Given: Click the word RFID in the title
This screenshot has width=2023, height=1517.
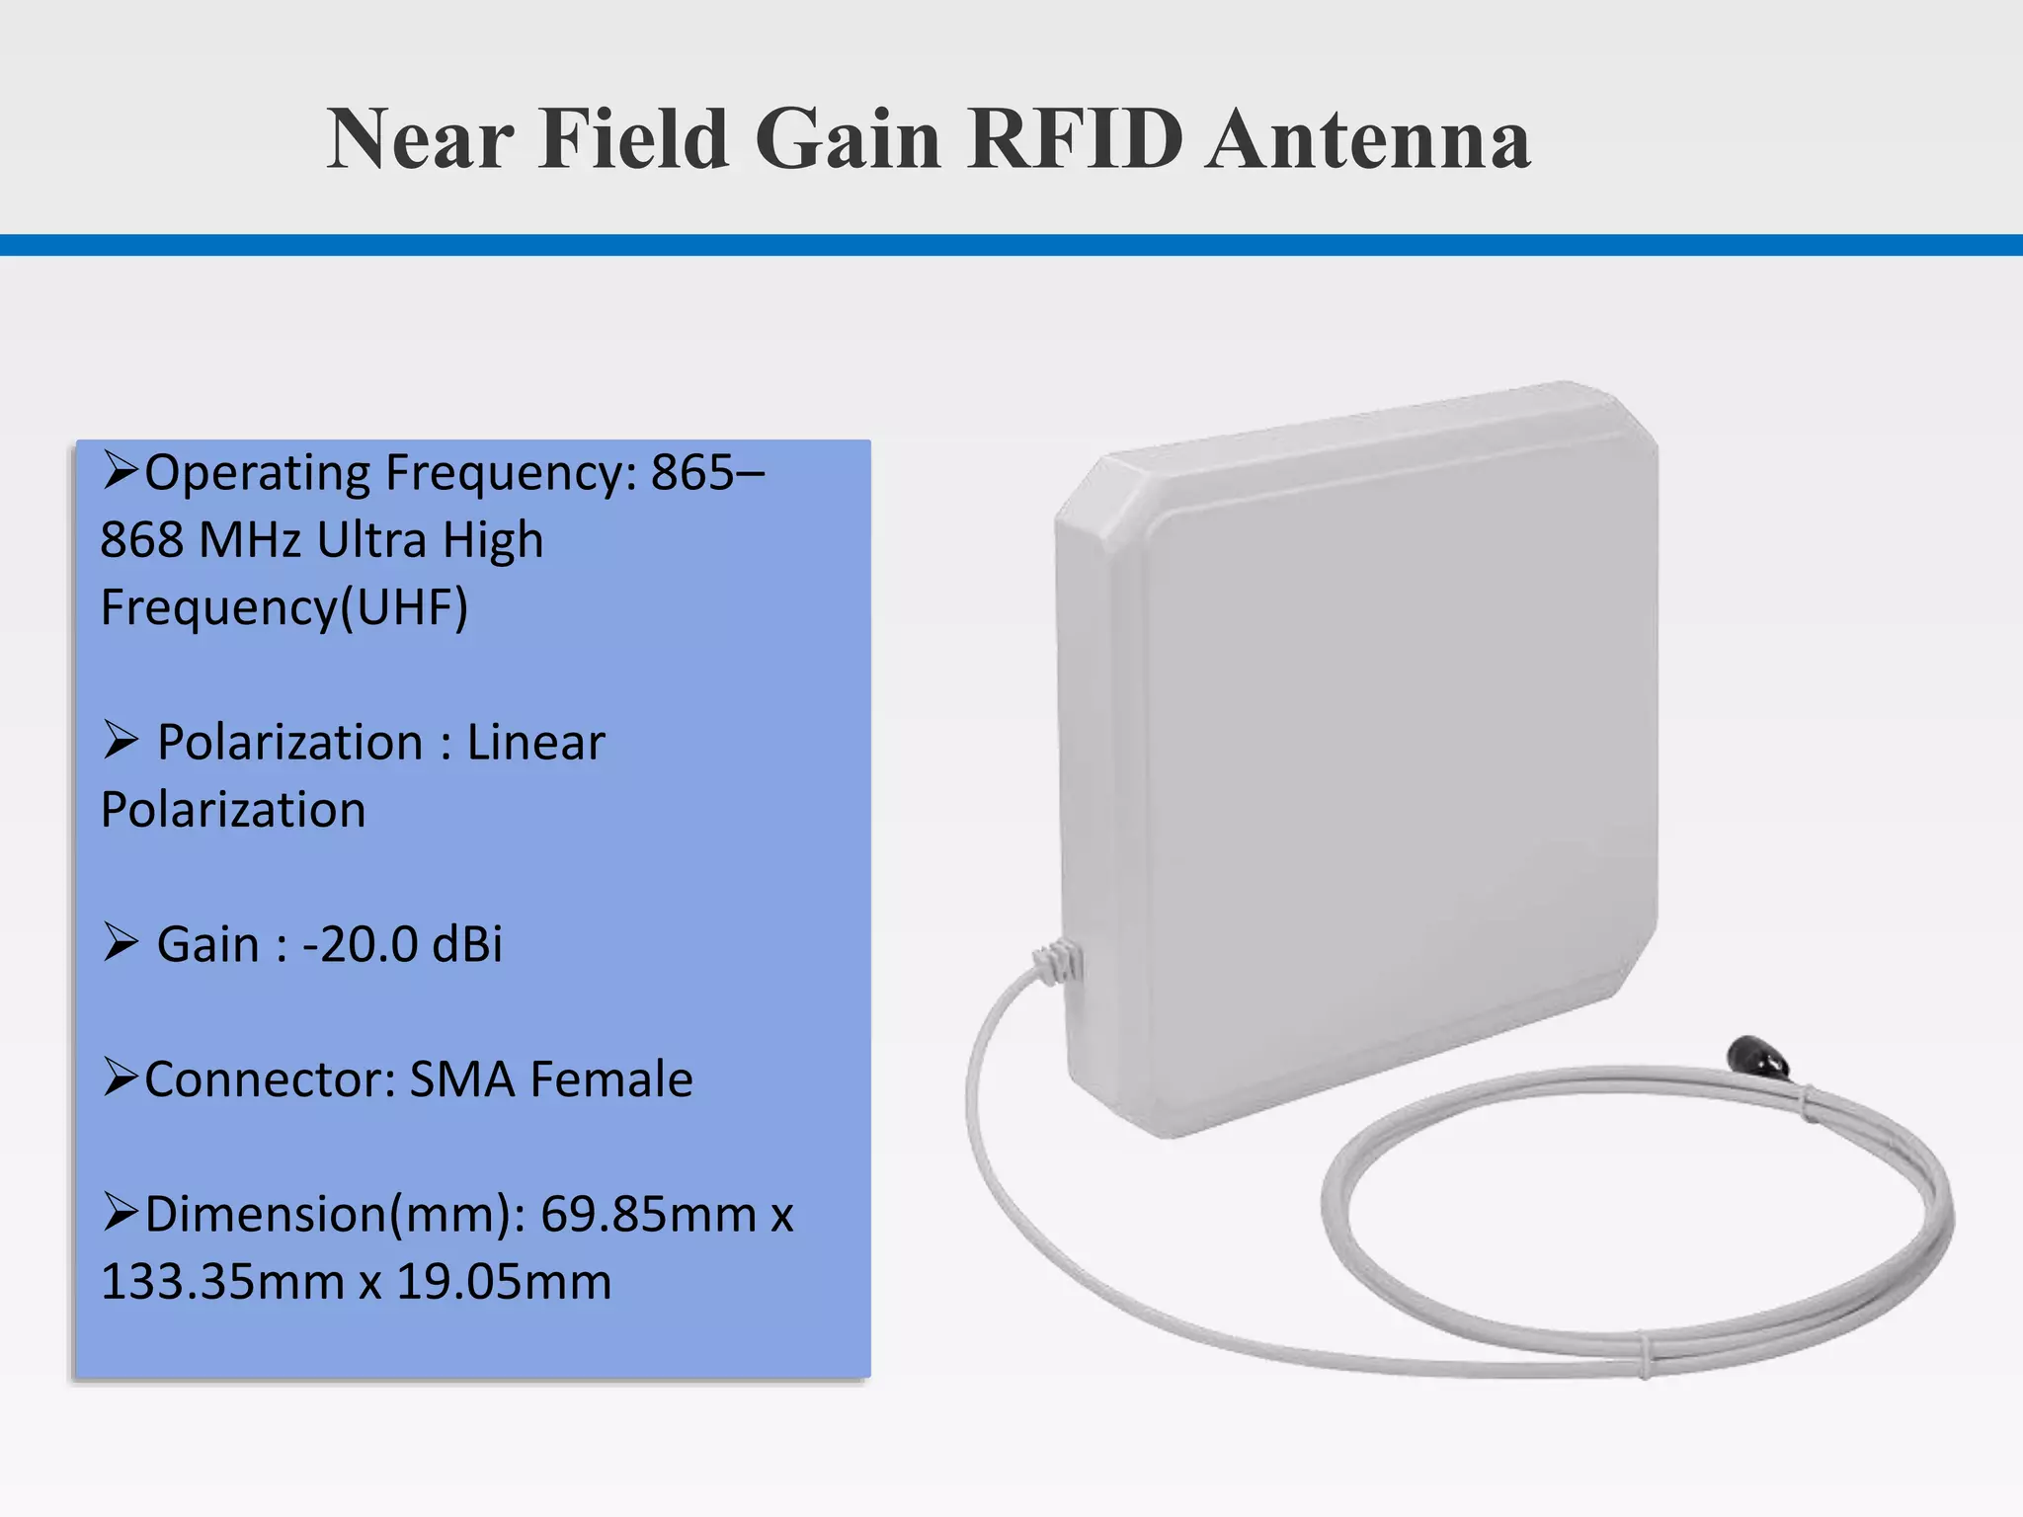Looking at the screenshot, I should coord(1075,139).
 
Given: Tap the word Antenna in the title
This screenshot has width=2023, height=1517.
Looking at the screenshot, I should coord(1368,139).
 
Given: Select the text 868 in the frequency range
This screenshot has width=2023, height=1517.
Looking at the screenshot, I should coord(141,540).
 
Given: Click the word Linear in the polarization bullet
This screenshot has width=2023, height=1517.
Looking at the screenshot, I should coord(534,743).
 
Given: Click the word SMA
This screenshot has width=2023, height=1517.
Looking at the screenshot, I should coord(461,1079).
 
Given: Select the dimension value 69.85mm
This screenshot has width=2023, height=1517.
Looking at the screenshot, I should coord(648,1214).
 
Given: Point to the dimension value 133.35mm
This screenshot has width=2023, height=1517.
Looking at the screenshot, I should coord(221,1282).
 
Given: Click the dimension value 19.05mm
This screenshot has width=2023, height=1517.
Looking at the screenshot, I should coord(504,1282).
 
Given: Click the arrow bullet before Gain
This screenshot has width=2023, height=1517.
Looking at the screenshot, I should coord(120,942).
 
